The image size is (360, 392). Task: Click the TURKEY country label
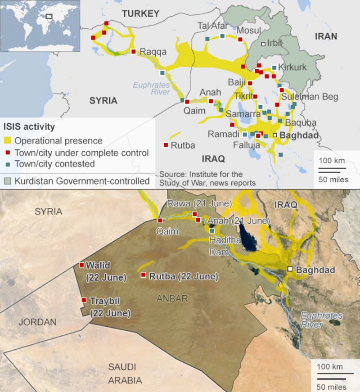click(x=140, y=14)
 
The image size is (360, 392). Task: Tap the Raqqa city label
click(x=153, y=52)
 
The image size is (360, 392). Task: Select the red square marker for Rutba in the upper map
click(x=166, y=145)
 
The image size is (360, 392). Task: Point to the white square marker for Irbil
click(x=263, y=44)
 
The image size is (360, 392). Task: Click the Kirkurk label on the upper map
click(x=292, y=68)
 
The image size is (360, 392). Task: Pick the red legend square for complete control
click(x=8, y=153)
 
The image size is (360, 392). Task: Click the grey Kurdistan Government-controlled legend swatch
click(x=8, y=181)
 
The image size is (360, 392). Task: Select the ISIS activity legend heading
click(x=29, y=126)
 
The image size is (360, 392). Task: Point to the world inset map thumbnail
click(x=40, y=26)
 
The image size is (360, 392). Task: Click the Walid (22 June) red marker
click(x=81, y=265)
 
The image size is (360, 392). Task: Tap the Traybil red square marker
click(x=84, y=300)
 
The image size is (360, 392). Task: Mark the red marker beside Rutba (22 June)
click(x=143, y=275)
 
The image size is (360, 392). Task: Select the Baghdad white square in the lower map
click(x=290, y=269)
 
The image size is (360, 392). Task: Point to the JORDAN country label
click(x=37, y=322)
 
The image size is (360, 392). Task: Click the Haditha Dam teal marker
click(x=212, y=231)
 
